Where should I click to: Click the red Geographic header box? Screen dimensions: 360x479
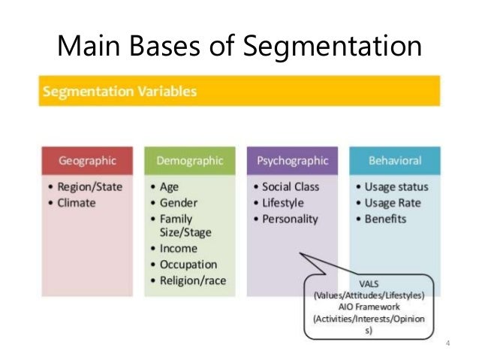87,160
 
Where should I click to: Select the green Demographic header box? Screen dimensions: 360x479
189,160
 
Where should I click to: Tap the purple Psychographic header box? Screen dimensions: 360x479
292,160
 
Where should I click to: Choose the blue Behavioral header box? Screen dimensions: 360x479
394,160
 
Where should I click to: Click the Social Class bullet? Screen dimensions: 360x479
291,186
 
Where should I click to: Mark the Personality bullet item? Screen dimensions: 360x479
290,219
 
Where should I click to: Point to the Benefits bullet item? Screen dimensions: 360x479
386,219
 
